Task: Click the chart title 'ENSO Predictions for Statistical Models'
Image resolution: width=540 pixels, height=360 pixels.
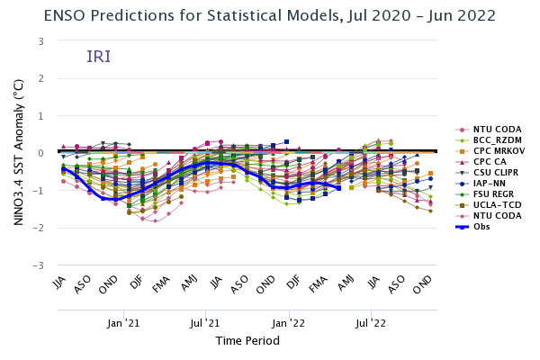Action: point(269,14)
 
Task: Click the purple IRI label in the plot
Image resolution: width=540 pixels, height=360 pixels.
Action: point(99,58)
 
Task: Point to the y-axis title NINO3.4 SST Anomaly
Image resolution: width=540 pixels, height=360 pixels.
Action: point(18,153)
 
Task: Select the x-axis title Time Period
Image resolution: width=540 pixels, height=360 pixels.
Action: point(247,341)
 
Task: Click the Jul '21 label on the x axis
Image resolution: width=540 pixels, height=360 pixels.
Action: point(205,322)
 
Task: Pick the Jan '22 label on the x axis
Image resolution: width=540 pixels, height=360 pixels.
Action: point(288,322)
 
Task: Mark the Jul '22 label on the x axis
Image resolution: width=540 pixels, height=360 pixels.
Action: point(371,322)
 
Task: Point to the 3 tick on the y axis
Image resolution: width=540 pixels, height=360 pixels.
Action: point(41,41)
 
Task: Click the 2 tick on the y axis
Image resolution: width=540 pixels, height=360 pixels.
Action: point(41,79)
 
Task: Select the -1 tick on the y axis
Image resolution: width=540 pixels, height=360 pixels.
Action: point(40,191)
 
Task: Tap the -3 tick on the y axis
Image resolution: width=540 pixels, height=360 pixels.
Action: point(40,266)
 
